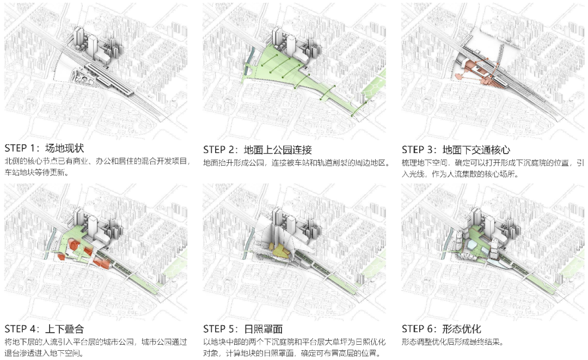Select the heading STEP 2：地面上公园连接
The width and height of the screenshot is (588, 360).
pyautogui.click(x=258, y=149)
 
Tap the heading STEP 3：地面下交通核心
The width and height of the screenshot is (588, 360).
pyautogui.click(x=456, y=149)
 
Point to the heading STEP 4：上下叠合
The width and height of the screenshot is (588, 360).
pyautogui.click(x=44, y=329)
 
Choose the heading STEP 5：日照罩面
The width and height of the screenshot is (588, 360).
pyautogui.click(x=243, y=329)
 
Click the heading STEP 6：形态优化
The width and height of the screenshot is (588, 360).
pyautogui.click(x=442, y=329)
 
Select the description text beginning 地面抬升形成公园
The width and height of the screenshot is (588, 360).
pyautogui.click(x=296, y=162)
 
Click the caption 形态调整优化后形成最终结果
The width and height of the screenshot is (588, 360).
pyautogui.click(x=452, y=342)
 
